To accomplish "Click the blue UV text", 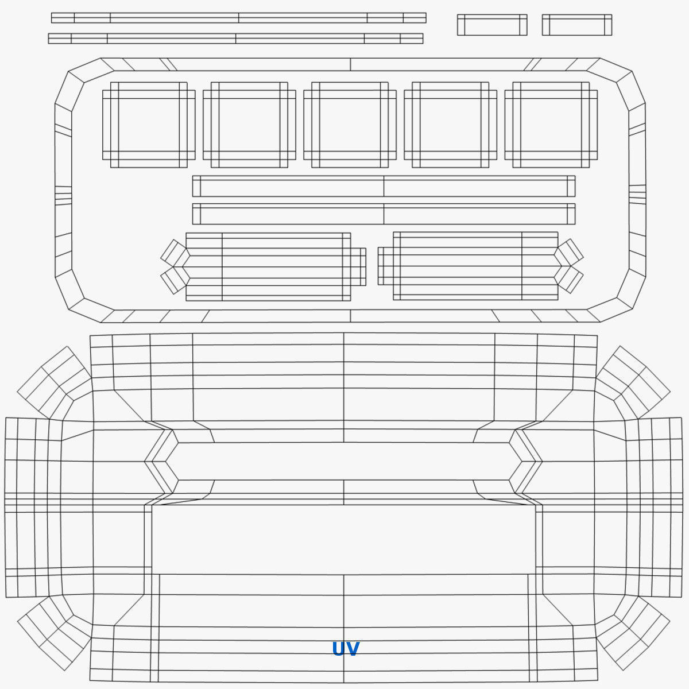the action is click(x=346, y=649).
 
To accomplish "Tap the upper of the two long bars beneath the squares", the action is click(x=384, y=186).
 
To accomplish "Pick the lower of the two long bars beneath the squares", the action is click(x=384, y=214).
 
